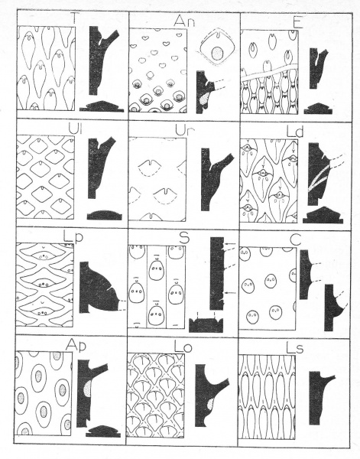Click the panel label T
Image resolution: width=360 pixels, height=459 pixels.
75,20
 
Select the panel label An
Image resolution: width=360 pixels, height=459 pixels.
184,21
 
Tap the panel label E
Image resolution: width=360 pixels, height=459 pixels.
298,23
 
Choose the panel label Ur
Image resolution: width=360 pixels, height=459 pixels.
183,131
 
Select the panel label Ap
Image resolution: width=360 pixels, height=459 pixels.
76,346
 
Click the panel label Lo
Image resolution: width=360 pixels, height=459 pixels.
183,347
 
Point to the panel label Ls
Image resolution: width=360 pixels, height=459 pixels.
295,348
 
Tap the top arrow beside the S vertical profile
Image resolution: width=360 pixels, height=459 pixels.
231,243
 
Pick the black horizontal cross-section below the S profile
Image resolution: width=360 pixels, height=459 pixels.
206,325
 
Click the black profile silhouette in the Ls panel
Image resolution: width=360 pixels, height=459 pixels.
319,396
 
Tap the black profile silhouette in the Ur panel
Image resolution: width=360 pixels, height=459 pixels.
213,180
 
